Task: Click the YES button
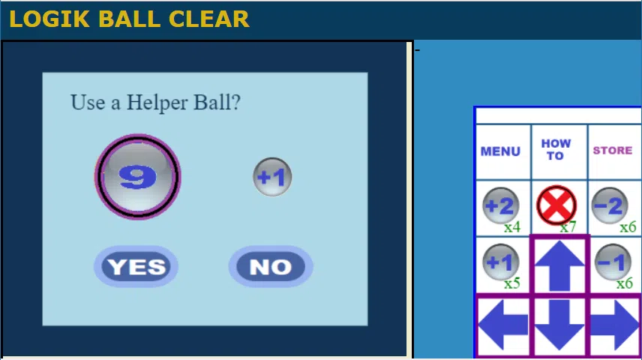click(136, 266)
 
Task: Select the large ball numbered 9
click(137, 176)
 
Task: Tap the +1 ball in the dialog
click(272, 177)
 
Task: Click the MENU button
click(500, 151)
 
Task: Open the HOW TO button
click(556, 149)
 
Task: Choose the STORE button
click(613, 150)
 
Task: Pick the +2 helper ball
click(500, 205)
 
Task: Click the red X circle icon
click(556, 205)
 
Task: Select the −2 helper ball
click(610, 205)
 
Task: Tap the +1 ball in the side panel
click(500, 262)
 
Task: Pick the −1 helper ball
click(613, 262)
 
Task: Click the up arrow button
click(559, 265)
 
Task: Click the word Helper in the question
click(157, 103)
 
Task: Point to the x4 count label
click(512, 227)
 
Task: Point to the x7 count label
click(568, 227)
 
